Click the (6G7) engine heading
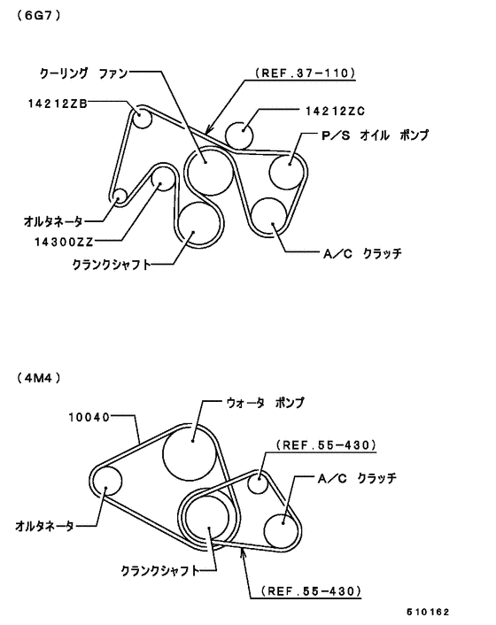[39, 16]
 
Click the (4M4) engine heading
[39, 378]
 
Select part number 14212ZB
[58, 104]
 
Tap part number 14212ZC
[335, 111]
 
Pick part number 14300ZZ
[64, 242]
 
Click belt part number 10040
[89, 417]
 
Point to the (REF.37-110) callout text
[305, 73]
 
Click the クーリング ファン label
[83, 73]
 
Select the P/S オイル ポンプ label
[375, 135]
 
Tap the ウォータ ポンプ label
[265, 403]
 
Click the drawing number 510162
[428, 612]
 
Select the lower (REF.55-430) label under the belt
[311, 590]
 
